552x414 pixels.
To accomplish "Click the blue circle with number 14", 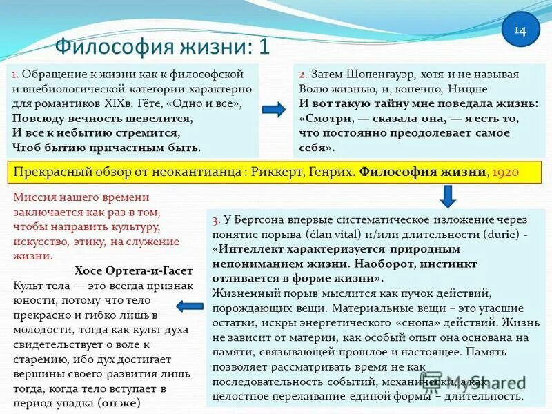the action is pos(520,30).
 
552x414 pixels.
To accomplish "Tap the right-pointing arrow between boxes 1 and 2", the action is pos(274,109).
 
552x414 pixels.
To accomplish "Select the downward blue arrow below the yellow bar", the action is pos(446,196).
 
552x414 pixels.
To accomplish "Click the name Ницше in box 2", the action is pos(469,89).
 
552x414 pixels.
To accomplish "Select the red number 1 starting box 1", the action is pos(17,73).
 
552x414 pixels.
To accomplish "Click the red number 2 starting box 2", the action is pos(302,75).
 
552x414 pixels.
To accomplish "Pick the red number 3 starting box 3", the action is pos(216,220).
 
